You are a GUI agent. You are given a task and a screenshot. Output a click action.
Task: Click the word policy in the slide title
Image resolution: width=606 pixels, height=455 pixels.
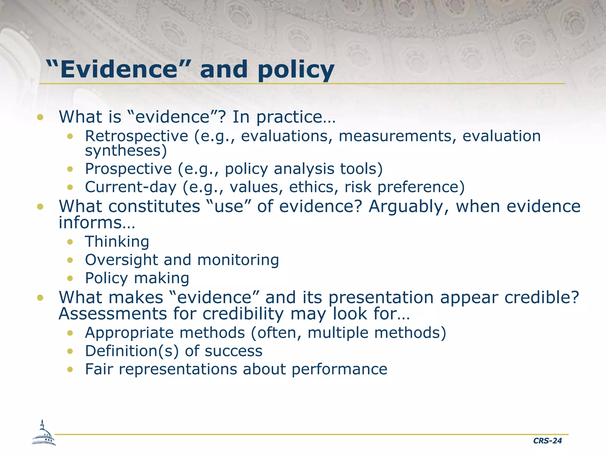click(x=296, y=71)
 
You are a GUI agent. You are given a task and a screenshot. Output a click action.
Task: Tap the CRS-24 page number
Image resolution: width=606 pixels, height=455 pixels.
click(x=547, y=441)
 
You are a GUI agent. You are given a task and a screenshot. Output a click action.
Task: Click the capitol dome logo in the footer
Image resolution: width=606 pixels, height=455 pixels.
click(x=43, y=433)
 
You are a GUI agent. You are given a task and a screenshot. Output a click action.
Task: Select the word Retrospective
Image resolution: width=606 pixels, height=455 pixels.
click(x=136, y=137)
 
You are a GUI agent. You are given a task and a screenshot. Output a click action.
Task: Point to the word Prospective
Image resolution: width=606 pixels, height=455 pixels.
click(x=128, y=169)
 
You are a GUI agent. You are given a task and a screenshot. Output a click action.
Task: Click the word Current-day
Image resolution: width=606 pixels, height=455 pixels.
click(x=130, y=187)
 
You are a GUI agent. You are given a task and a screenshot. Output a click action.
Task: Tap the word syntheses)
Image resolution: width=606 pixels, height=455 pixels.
click(x=126, y=151)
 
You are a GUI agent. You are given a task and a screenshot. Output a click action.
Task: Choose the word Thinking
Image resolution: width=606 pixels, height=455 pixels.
click(x=117, y=242)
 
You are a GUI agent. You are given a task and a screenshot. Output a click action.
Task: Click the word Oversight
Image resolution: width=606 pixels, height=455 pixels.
click(x=121, y=260)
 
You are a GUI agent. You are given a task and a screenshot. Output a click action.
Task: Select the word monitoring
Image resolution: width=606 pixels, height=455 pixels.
click(x=238, y=260)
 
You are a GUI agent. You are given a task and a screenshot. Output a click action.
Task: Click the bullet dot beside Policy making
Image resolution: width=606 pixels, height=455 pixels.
click(x=70, y=278)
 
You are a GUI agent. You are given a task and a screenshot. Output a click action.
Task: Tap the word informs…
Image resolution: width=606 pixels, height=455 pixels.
click(x=97, y=222)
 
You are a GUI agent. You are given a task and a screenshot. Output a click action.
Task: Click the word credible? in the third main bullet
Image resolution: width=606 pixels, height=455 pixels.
click(x=541, y=297)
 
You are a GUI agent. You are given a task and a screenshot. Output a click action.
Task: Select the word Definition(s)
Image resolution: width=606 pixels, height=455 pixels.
click(x=132, y=351)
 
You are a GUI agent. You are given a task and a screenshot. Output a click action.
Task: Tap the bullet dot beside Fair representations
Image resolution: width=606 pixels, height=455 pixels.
click(x=70, y=369)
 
